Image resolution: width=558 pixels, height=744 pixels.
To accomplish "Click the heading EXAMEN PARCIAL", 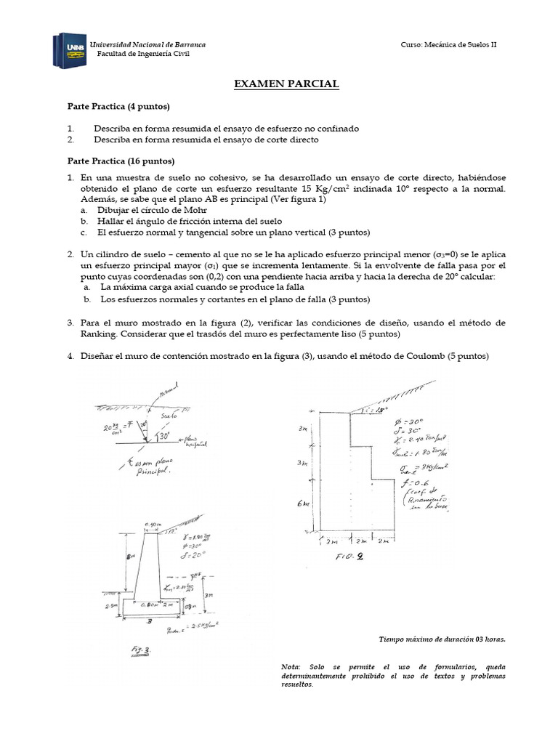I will coord(286,84).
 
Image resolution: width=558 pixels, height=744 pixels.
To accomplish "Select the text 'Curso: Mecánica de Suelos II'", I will coord(448,45).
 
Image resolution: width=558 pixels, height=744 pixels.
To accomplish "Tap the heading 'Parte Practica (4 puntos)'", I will coord(118,107).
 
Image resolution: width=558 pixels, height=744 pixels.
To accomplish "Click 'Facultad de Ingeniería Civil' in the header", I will coord(143,54).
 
